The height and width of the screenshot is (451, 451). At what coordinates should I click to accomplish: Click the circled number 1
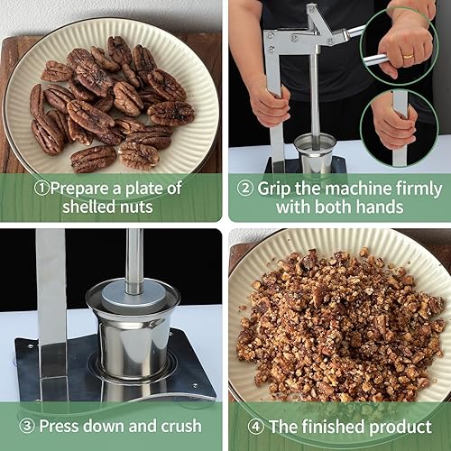coord(42,188)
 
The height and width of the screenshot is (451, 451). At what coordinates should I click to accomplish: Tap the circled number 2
coord(244,188)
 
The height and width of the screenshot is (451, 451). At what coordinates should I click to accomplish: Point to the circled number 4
coord(257,426)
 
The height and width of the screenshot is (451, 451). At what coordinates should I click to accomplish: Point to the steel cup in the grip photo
coord(315,154)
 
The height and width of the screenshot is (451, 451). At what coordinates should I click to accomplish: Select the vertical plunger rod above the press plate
coord(133,257)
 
